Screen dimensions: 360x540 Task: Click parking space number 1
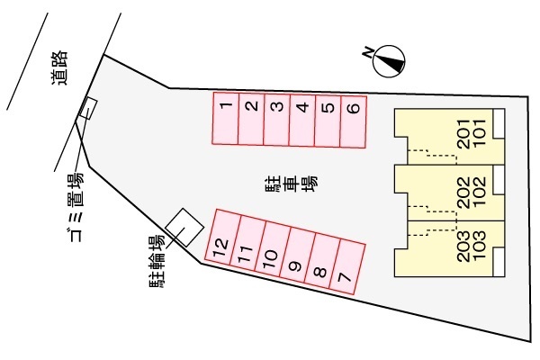coord(226,118)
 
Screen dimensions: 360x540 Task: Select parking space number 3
coord(277,119)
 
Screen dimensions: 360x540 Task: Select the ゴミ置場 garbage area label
coord(76,197)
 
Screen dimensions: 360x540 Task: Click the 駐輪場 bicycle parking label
coord(157,261)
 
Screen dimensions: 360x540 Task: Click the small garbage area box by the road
coord(88,109)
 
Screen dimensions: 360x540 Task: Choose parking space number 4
coord(302,119)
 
